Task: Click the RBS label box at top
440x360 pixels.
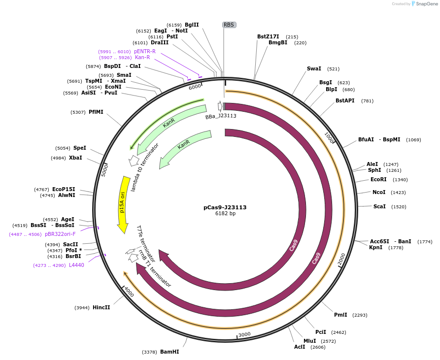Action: click(229, 25)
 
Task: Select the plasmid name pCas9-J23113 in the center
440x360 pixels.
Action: click(225, 207)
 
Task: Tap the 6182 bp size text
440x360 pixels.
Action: click(225, 214)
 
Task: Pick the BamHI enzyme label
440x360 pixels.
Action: click(169, 352)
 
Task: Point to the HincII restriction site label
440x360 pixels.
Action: click(101, 308)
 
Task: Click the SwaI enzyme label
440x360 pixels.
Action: click(314, 69)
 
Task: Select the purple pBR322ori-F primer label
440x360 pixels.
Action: click(60, 234)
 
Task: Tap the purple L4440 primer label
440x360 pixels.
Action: click(76, 265)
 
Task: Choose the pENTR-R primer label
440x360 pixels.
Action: click(145, 51)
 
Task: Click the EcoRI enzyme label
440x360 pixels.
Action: click(378, 180)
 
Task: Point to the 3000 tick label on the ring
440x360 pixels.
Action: click(244, 334)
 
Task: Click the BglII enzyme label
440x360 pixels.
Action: click(192, 25)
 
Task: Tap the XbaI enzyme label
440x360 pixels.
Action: click(75, 158)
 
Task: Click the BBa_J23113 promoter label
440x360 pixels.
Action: click(221, 116)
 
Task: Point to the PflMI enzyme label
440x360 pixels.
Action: click(96, 112)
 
